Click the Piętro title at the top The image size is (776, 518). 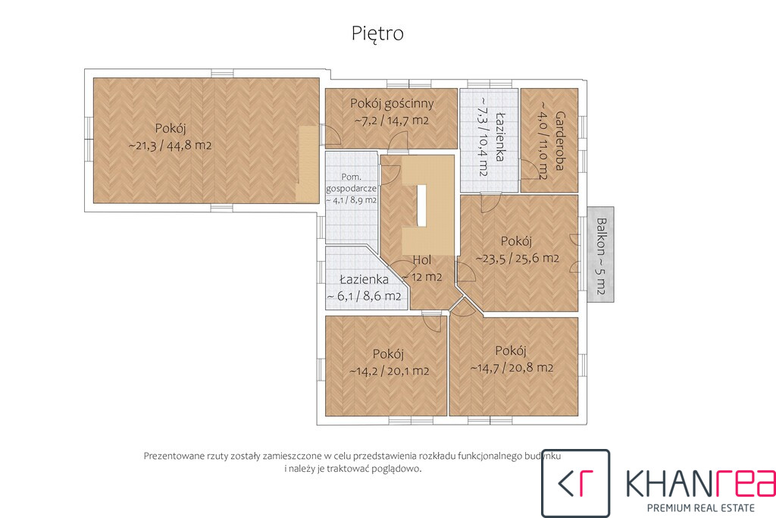click(x=377, y=33)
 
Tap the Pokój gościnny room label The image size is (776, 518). click(x=392, y=103)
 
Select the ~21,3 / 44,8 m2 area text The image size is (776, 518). click(x=171, y=146)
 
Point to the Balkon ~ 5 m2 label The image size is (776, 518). click(x=601, y=256)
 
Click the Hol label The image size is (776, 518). click(x=422, y=260)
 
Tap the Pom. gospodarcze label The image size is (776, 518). click(x=352, y=182)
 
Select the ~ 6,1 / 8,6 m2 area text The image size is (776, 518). click(x=365, y=296)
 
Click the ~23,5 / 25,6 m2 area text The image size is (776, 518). click(x=517, y=258)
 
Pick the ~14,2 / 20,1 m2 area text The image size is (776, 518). click(x=389, y=371)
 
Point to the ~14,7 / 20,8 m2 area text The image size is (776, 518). click(x=512, y=367)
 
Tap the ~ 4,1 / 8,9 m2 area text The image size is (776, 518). click(x=352, y=200)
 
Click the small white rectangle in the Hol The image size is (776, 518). click(x=421, y=206)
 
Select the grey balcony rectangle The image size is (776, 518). click(x=601, y=254)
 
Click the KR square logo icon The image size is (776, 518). click(x=576, y=483)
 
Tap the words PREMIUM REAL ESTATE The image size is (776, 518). click(x=701, y=507)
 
